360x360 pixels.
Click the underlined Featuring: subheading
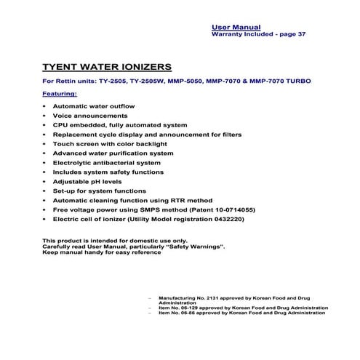pos(65,94)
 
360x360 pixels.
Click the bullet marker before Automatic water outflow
pos(46,106)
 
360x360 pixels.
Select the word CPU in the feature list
pos(61,125)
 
